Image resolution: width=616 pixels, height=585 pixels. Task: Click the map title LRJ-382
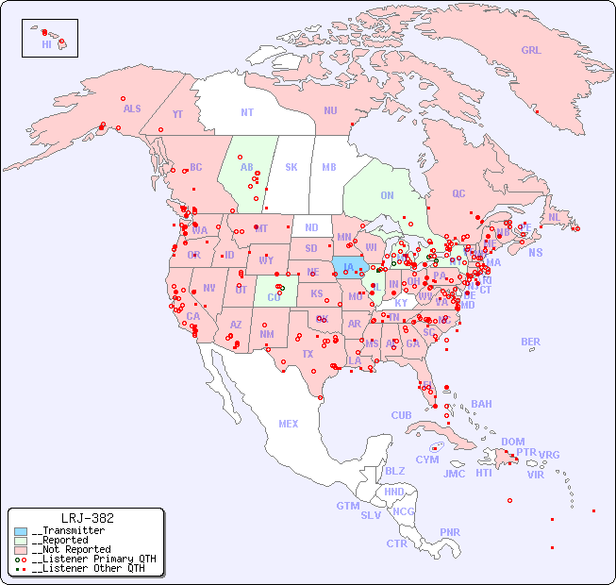coord(87,518)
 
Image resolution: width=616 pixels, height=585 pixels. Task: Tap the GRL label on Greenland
coord(531,50)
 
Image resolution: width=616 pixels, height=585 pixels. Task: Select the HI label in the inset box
coord(46,44)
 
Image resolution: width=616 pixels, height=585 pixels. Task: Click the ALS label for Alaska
coord(132,109)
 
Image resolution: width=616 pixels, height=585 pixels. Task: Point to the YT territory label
coord(177,113)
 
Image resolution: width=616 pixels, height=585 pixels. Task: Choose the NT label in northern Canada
coord(246,112)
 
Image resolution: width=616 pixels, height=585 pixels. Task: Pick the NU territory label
coord(330,110)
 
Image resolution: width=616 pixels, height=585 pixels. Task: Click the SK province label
coord(291,167)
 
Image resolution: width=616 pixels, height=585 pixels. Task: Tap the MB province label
coord(328,167)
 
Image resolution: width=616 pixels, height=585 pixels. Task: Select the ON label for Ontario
coord(387,195)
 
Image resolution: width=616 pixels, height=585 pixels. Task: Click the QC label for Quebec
coord(458,193)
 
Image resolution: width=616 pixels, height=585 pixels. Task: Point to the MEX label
coord(289,424)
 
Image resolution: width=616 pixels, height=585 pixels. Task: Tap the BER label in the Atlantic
coord(531,342)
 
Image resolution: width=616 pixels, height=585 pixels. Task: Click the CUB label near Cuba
coord(401,415)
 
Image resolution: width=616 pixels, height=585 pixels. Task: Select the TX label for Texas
coord(308,354)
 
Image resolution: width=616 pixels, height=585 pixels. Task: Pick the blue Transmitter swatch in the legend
coord(21,531)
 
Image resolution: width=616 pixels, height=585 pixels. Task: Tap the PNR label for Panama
coord(450,532)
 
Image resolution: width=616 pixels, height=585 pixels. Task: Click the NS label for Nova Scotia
coord(535,252)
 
